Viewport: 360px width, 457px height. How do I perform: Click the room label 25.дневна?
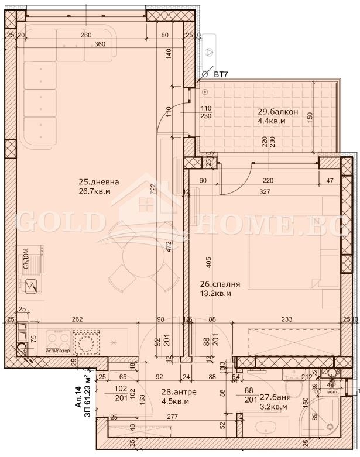[x=99, y=182]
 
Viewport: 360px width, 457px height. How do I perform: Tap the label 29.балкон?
[x=279, y=112]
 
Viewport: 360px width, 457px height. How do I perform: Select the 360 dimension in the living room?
[x=100, y=44]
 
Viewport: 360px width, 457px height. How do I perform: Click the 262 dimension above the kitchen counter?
[x=77, y=319]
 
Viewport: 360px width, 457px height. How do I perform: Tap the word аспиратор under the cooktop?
[x=57, y=351]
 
